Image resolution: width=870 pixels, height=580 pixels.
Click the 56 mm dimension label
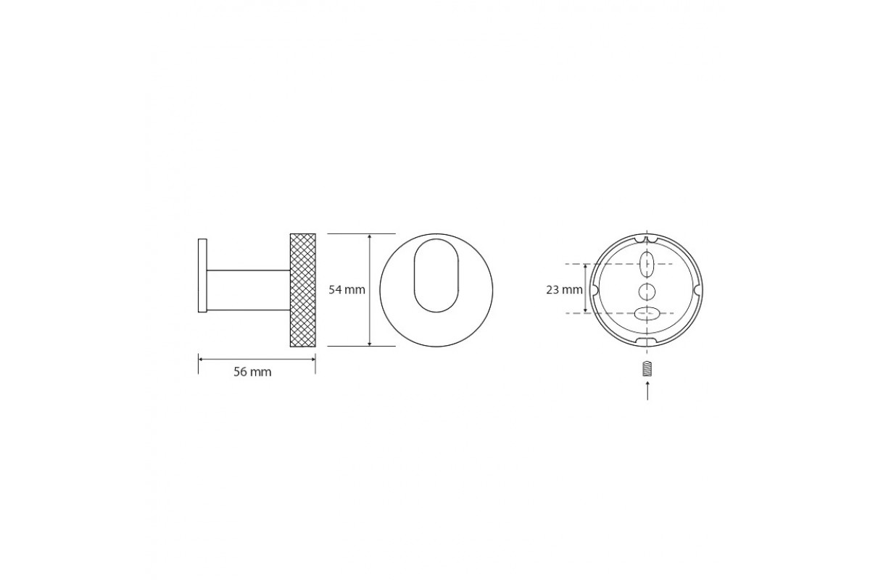tap(252, 372)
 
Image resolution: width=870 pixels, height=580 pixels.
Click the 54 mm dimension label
tap(347, 290)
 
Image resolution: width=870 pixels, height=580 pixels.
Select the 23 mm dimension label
tap(564, 290)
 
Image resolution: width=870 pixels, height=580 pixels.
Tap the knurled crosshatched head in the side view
tap(303, 290)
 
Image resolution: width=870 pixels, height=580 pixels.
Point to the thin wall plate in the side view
tap(202, 275)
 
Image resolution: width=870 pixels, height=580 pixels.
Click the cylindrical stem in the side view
tap(248, 290)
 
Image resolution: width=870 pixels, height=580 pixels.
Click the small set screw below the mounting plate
tap(647, 369)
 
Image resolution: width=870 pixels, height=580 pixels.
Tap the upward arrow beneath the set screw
tap(647, 391)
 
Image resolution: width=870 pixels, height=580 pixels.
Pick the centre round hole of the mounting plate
tap(647, 291)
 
